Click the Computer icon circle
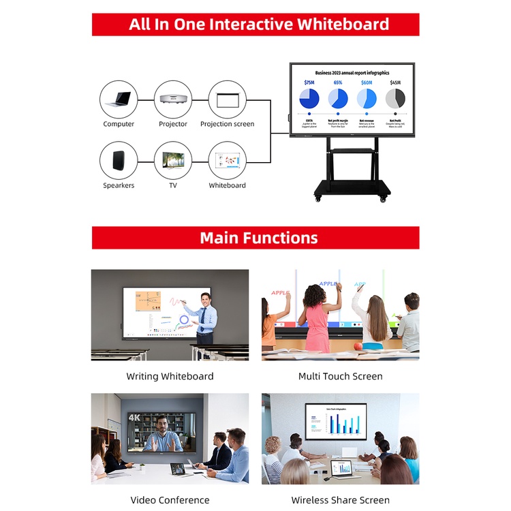[119, 99]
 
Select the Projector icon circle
[173, 99]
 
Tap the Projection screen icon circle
[227, 99]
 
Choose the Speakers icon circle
[119, 161]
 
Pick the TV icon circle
[173, 161]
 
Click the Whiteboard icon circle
[227, 161]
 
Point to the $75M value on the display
[309, 82]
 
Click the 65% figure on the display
[338, 82]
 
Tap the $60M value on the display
[367, 82]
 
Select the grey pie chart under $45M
[395, 99]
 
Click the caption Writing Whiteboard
[170, 376]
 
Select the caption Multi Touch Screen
[340, 376]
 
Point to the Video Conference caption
[170, 500]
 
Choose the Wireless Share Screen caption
[340, 500]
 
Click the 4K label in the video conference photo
[134, 417]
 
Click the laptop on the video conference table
[178, 469]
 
